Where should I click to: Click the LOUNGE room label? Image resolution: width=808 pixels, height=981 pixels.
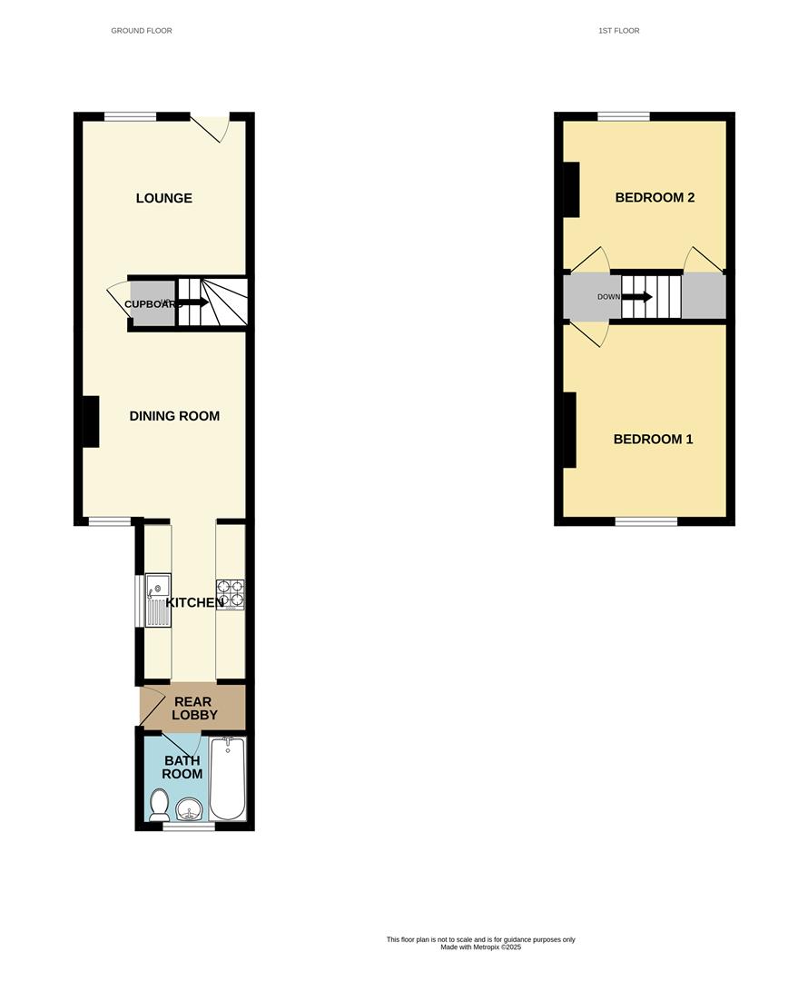coord(164,198)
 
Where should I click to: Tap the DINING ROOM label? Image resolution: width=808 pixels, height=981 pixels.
coord(174,416)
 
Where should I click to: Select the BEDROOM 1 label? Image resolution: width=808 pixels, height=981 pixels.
coord(653,440)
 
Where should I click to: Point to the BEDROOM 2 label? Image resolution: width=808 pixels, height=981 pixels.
coord(655,198)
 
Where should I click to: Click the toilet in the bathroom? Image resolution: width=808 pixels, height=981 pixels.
coord(159,804)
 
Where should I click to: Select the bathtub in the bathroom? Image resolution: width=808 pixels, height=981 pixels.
coord(228,778)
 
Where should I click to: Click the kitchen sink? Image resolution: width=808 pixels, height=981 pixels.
coord(158,599)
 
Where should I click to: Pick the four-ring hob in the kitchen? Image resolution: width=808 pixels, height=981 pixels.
coord(230,594)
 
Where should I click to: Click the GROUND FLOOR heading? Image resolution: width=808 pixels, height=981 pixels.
coord(142,31)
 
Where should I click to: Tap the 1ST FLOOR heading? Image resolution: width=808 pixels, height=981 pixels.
coord(619,31)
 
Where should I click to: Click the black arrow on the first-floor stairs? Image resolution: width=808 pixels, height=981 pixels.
coord(637,297)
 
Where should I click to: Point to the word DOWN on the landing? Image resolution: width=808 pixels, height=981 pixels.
coord(608,297)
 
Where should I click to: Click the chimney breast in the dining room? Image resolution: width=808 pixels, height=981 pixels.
coord(91,421)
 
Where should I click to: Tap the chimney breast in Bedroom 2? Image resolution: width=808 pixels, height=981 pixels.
coord(571,189)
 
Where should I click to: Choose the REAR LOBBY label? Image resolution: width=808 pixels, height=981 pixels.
coord(192,708)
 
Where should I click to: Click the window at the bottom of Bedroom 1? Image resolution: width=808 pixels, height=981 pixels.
coord(646,521)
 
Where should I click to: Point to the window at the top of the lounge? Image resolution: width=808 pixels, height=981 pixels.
coord(130,116)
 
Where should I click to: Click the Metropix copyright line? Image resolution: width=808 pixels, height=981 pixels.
coord(481,947)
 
